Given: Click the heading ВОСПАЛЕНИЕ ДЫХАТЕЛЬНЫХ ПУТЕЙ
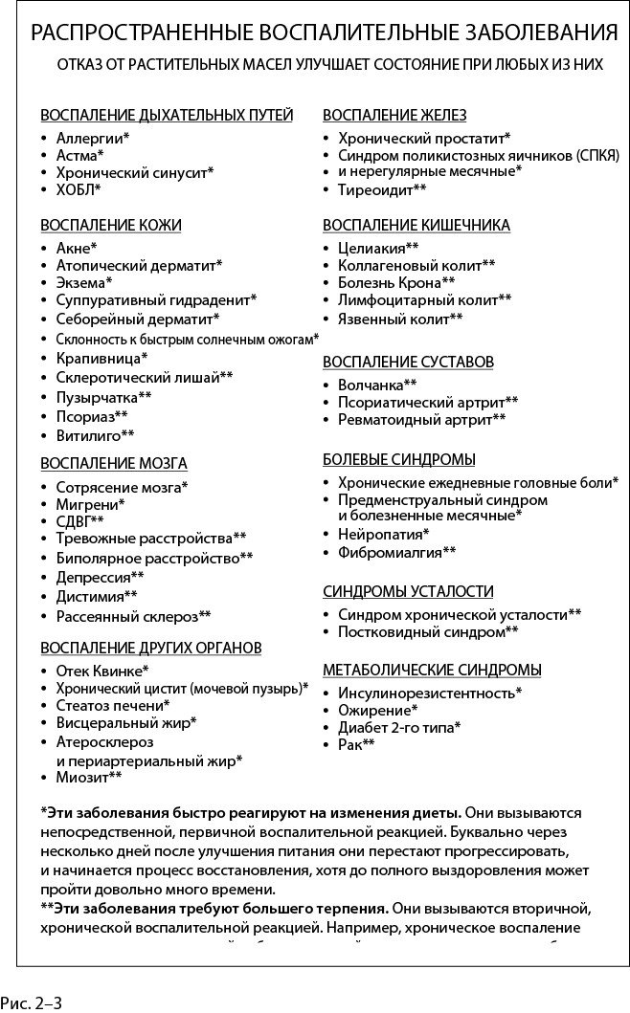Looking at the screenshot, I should [x=166, y=115].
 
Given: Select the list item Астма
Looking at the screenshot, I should [x=79, y=155].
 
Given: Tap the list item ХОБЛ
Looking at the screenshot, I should [x=78, y=190].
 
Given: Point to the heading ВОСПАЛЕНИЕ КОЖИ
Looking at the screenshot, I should [x=110, y=225].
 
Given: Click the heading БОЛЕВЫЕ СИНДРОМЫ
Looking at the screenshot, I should [x=399, y=459].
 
